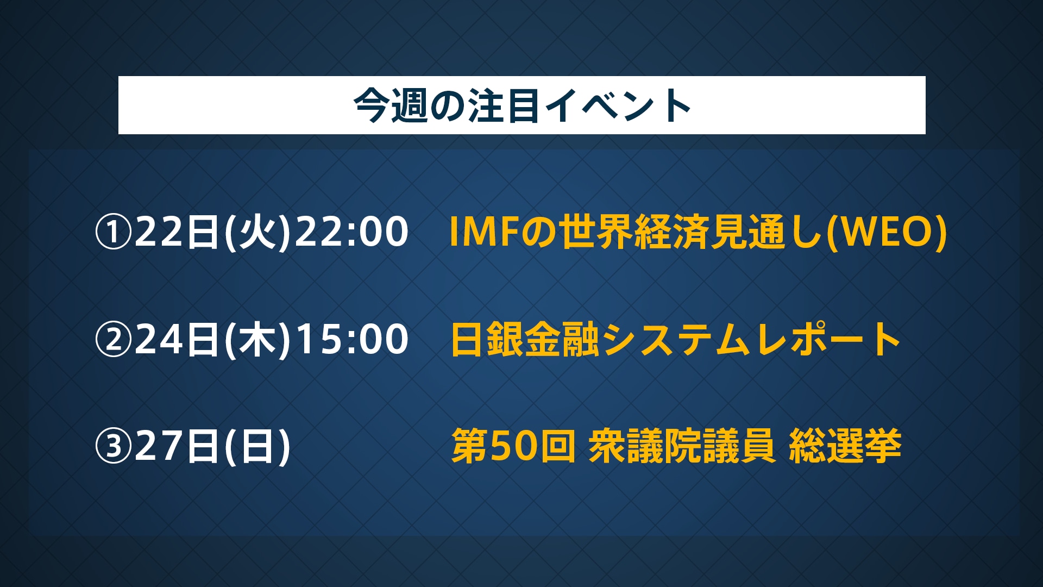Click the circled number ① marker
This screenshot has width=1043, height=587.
[x=114, y=232]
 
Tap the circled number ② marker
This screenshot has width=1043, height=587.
[x=114, y=340]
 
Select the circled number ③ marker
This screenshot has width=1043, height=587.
[x=114, y=446]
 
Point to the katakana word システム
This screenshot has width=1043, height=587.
[x=676, y=340]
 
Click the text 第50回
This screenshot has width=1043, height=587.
[x=513, y=446]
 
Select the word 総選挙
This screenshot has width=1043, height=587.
[x=845, y=446]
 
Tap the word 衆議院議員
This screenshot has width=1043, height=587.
[x=682, y=446]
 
